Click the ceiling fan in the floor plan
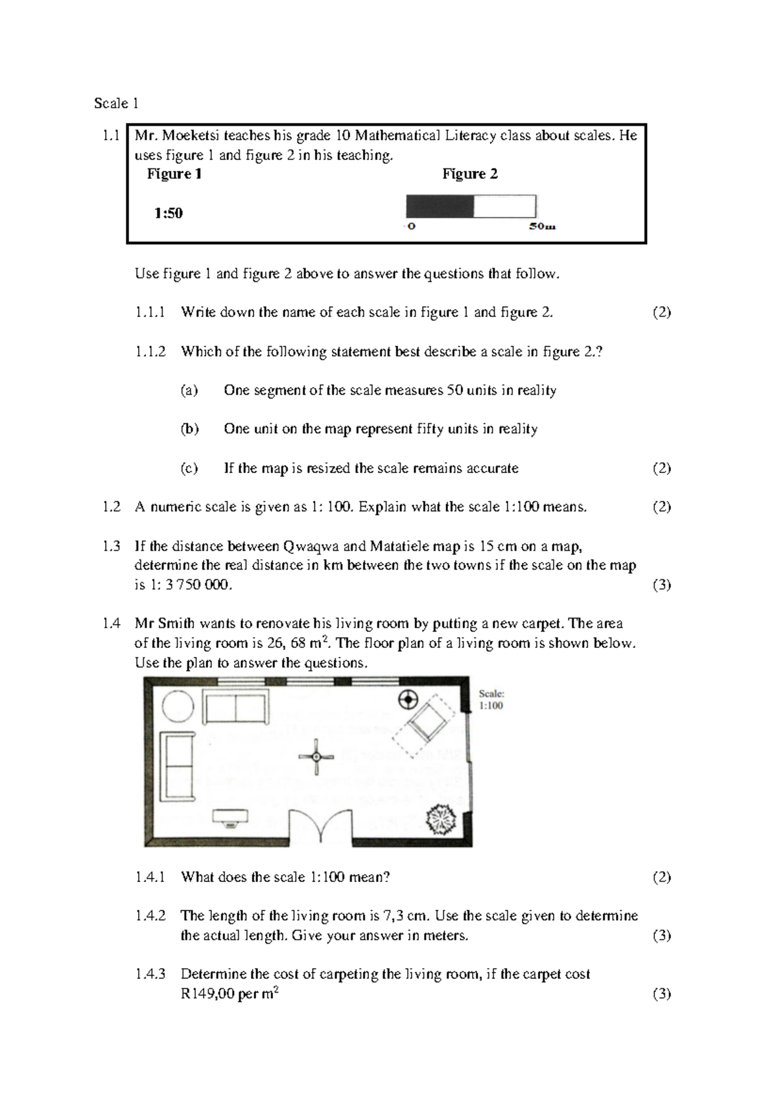pyautogui.click(x=316, y=756)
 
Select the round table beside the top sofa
pyautogui.click(x=178, y=706)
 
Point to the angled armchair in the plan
pyautogui.click(x=426, y=724)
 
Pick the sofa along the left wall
pyautogui.click(x=180, y=765)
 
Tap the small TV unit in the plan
pyautogui.click(x=230, y=817)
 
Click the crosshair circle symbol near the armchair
pyautogui.click(x=408, y=700)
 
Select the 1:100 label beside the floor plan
pyautogui.click(x=491, y=706)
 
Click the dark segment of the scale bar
pyautogui.click(x=440, y=206)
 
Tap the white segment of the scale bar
pyautogui.click(x=504, y=206)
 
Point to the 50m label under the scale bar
pyautogui.click(x=542, y=227)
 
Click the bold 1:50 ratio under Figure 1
pyautogui.click(x=168, y=213)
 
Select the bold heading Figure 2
pyautogui.click(x=470, y=174)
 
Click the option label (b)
pyautogui.click(x=189, y=429)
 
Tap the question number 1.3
pyautogui.click(x=112, y=546)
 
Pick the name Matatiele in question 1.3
pyautogui.click(x=397, y=546)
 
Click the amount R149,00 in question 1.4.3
pyautogui.click(x=207, y=993)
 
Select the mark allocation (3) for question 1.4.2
pyautogui.click(x=661, y=935)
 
